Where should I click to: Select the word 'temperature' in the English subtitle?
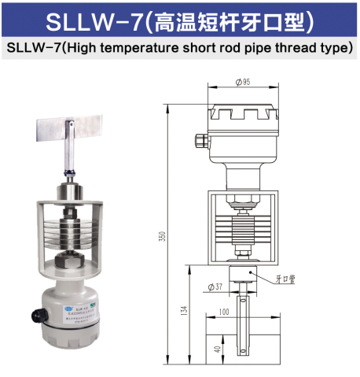point(138,48)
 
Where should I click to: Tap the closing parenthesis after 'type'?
point(350,48)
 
